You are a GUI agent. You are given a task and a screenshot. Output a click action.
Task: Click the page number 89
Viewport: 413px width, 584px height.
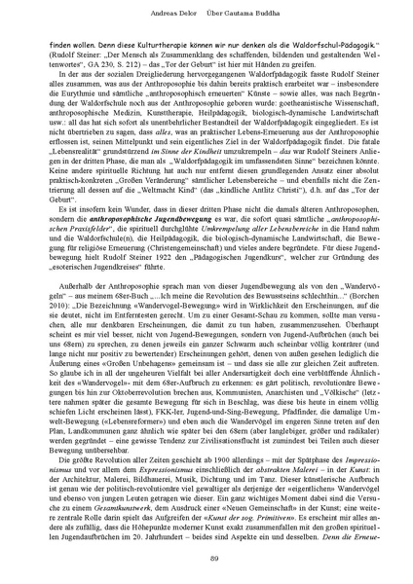pyautogui.click(x=206, y=556)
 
